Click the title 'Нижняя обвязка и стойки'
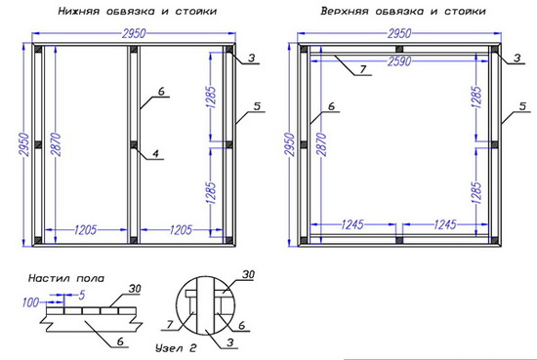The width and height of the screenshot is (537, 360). [138, 11]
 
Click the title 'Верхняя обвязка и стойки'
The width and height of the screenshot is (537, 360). [403, 11]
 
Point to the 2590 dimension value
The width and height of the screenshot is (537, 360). [399, 61]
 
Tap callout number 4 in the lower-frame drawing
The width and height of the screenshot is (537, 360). [156, 153]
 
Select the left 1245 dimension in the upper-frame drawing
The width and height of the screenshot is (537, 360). [352, 224]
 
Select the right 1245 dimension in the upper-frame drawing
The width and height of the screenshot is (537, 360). [445, 224]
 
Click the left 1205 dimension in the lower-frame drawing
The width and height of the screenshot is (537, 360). [86, 229]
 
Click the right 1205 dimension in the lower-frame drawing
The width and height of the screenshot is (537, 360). [181, 229]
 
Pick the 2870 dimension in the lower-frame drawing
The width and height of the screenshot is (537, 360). [56, 144]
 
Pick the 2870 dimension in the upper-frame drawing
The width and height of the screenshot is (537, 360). [322, 144]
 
